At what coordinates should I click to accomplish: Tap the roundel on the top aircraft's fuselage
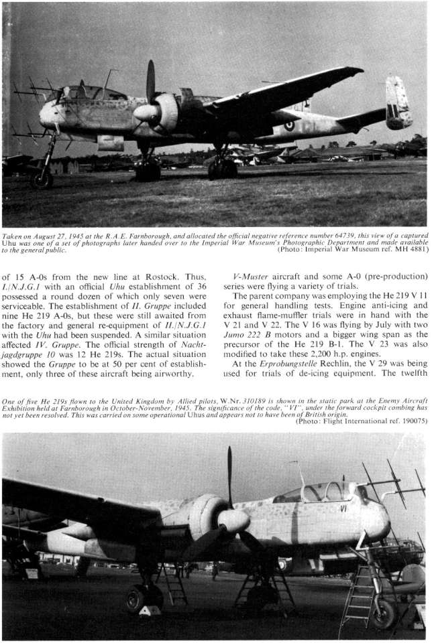coord(289,125)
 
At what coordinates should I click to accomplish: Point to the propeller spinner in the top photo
coord(144,113)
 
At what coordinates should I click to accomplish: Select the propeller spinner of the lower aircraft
coord(232,520)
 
